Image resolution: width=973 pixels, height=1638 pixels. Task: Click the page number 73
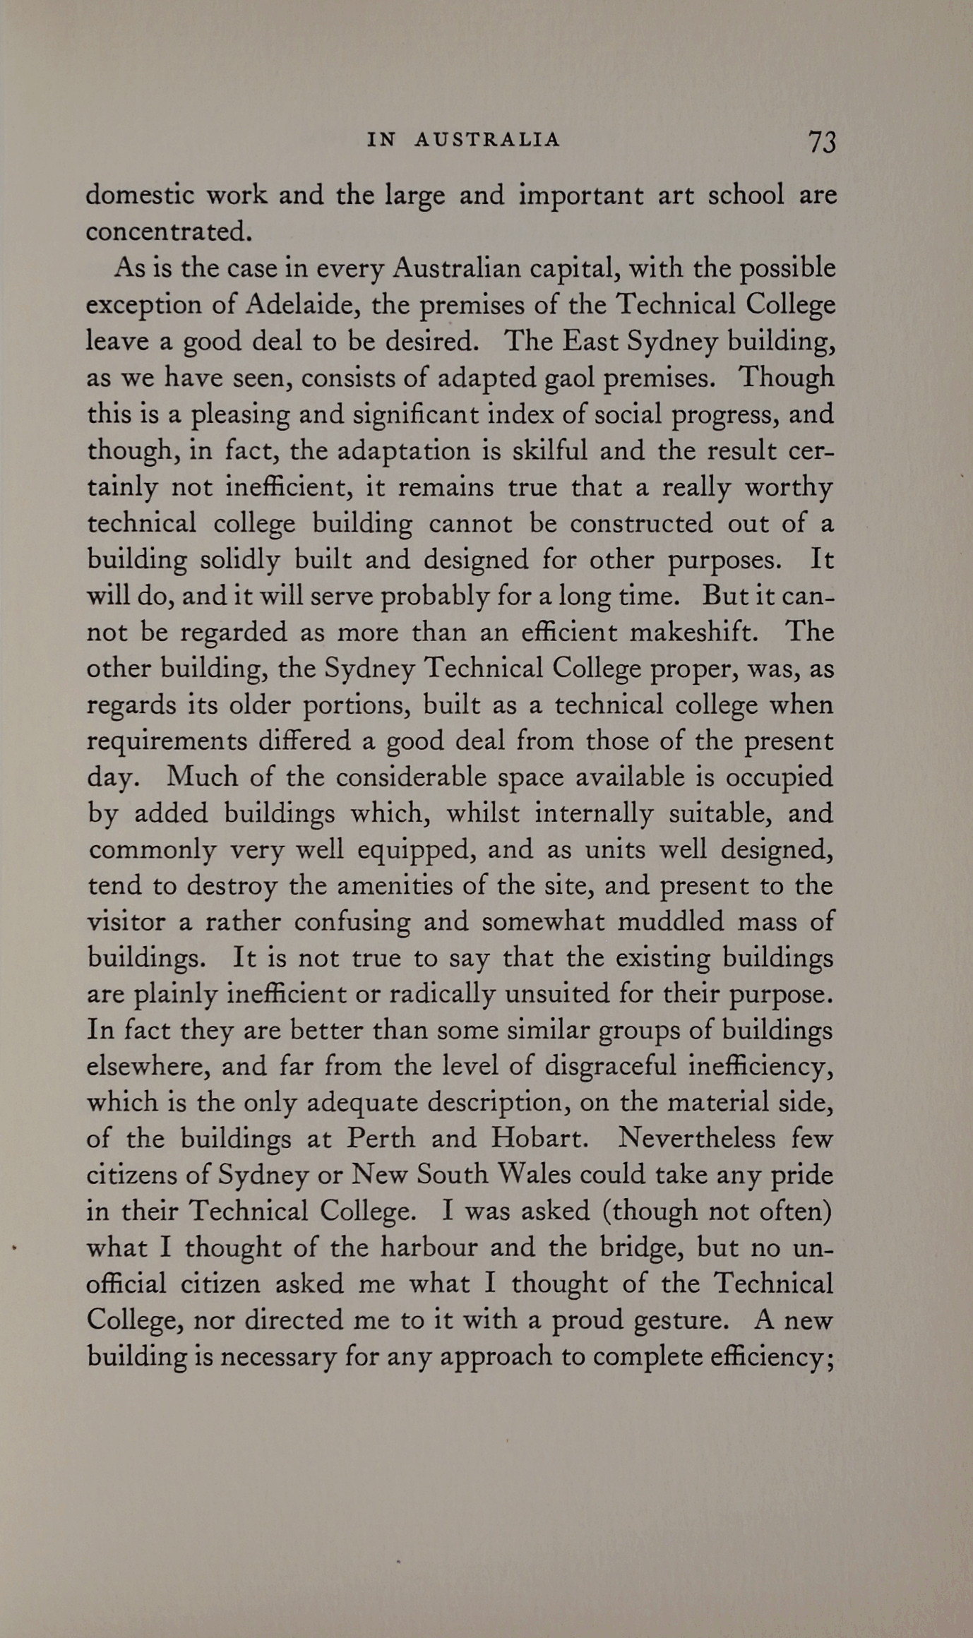(x=822, y=142)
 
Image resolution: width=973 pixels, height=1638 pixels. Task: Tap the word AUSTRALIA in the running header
(x=487, y=140)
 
